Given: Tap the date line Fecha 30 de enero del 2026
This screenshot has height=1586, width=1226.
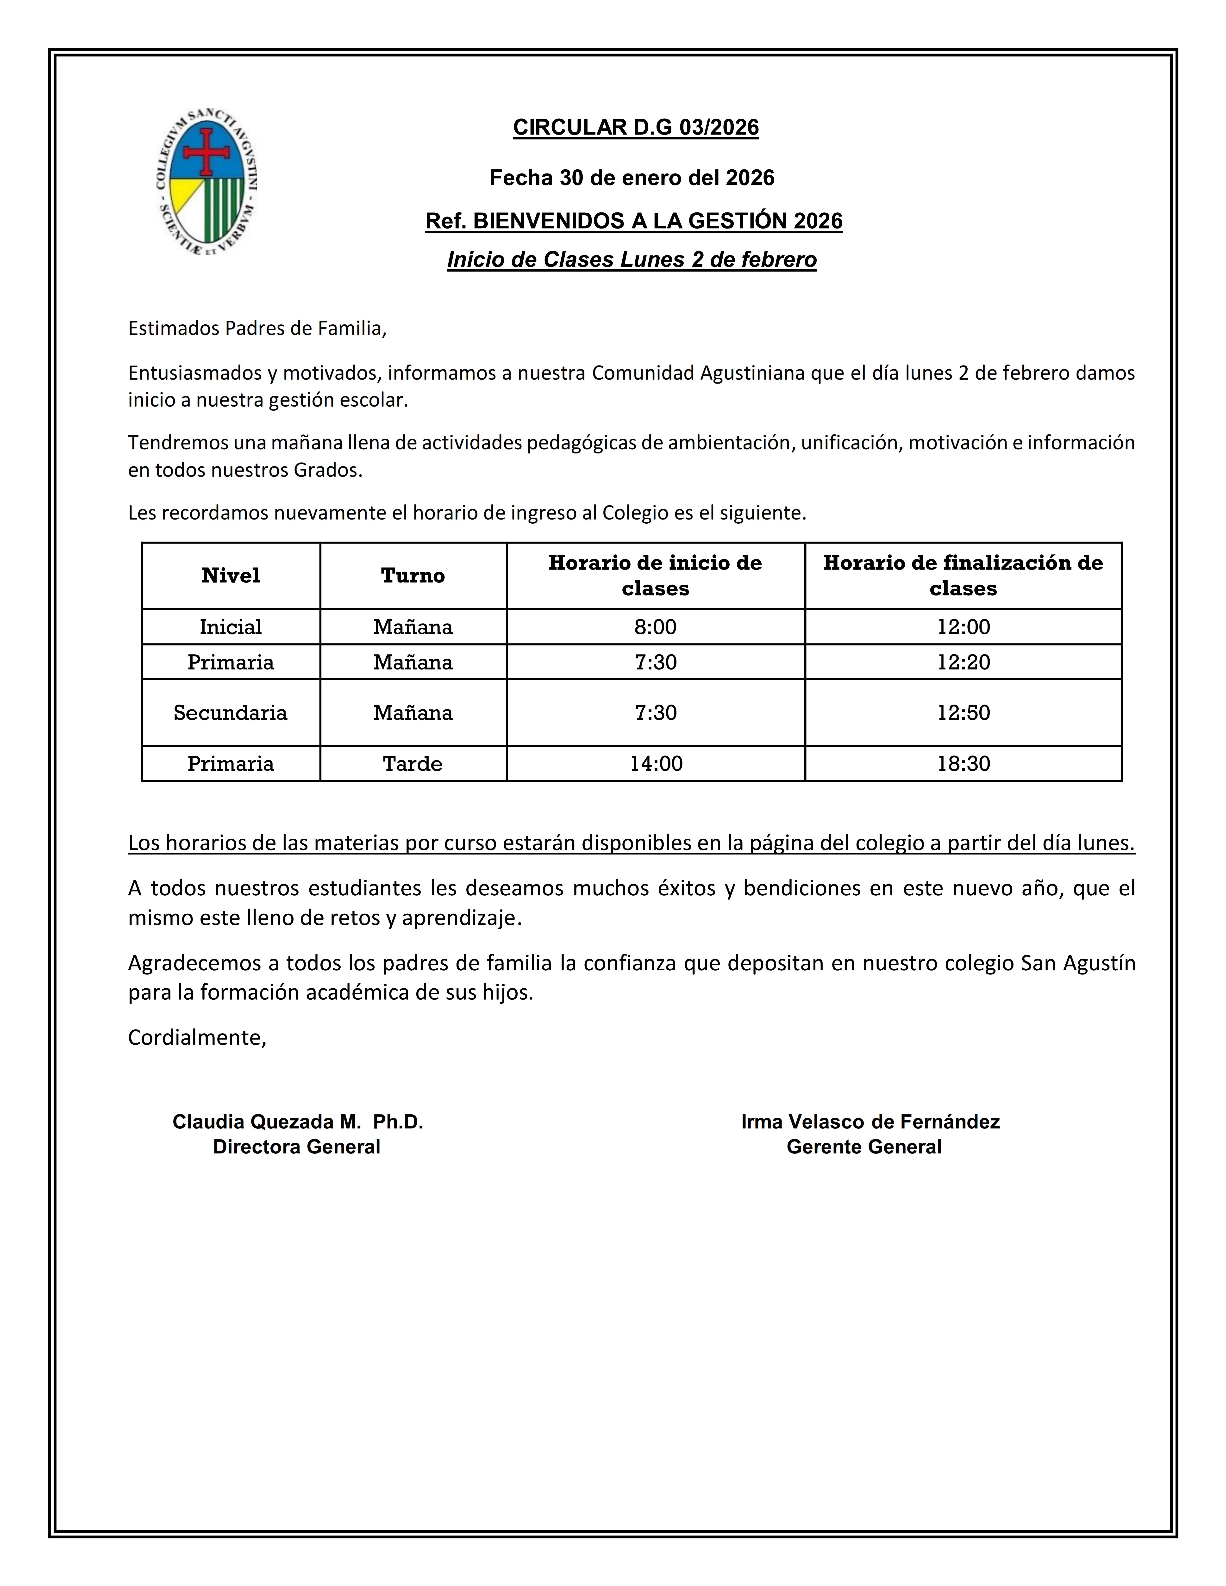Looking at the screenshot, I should click(x=632, y=178).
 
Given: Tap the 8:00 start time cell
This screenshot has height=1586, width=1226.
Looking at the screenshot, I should click(x=655, y=627).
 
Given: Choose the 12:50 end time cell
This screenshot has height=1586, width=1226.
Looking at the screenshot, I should click(x=963, y=712).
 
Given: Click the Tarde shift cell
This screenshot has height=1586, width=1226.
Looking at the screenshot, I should click(x=413, y=763).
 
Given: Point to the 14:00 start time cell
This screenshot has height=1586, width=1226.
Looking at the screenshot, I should click(x=655, y=763).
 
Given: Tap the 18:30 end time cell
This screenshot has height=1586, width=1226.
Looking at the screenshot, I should click(x=963, y=763).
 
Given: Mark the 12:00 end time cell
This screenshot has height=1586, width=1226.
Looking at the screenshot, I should click(x=963, y=627).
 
